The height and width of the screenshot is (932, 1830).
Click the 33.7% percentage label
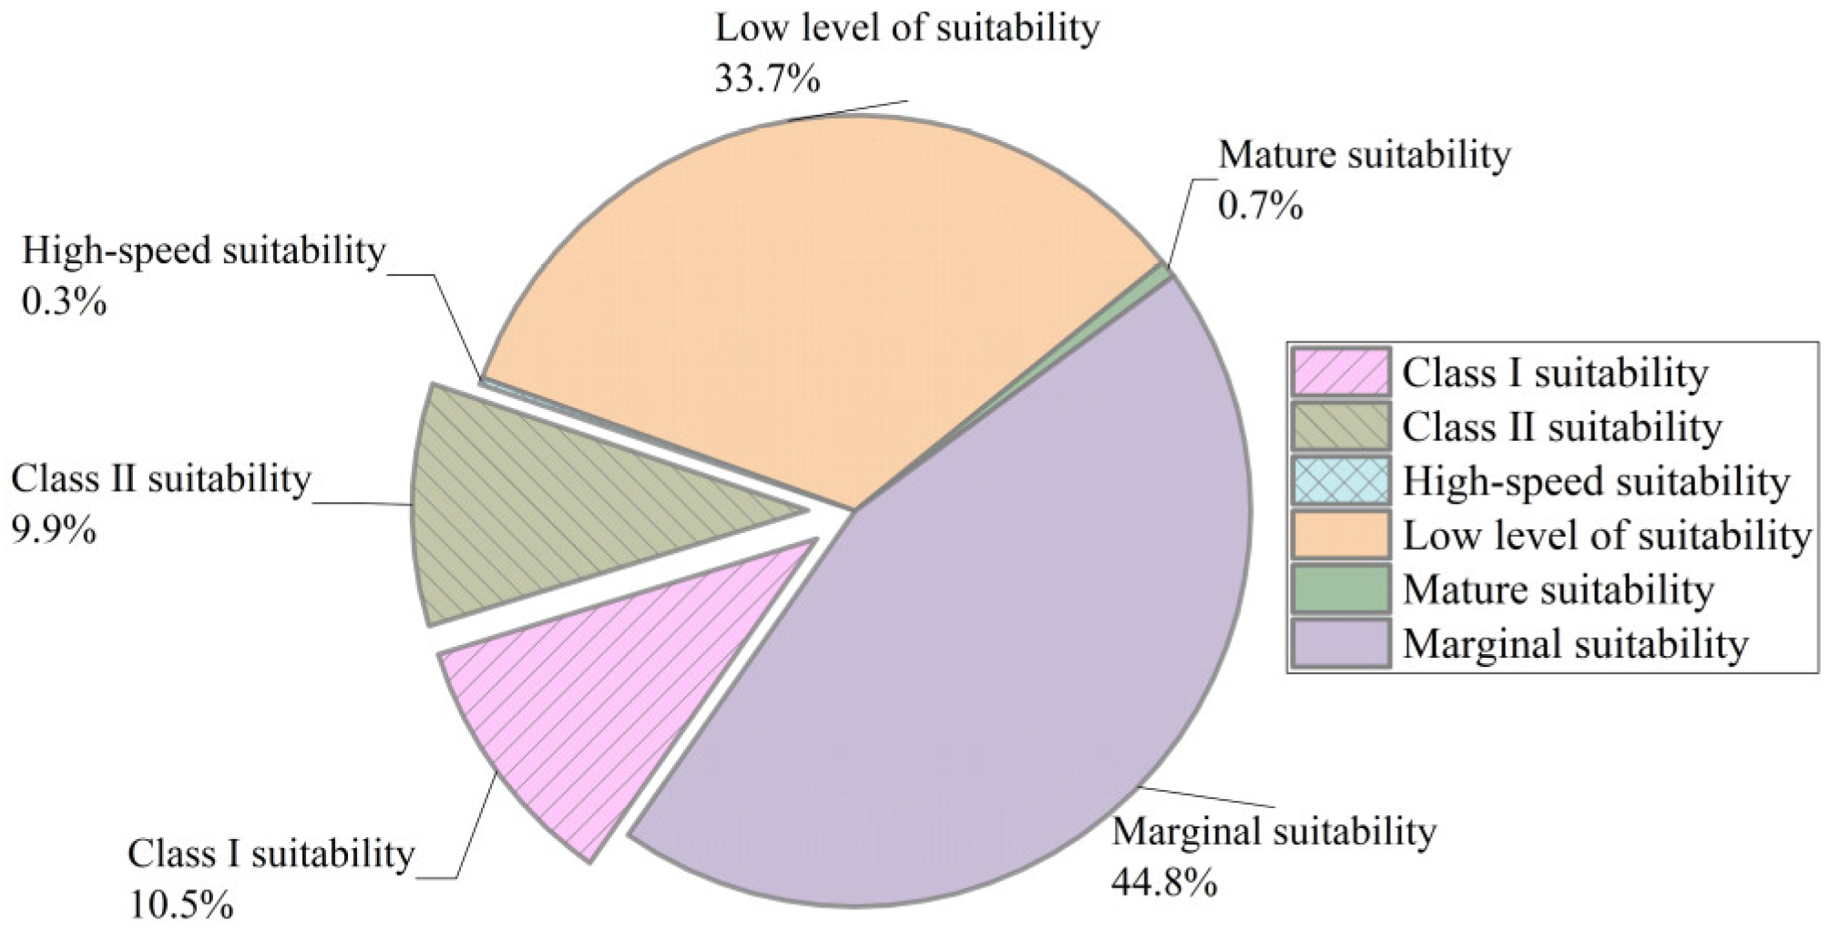(767, 79)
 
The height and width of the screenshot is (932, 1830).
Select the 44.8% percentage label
(1163, 883)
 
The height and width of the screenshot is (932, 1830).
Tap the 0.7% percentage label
(1260, 207)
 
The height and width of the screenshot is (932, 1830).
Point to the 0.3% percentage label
(64, 302)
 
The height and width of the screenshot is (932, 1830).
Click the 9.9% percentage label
(53, 529)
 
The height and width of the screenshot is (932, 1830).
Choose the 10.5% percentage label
(180, 906)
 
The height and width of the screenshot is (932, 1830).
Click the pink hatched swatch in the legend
(1341, 373)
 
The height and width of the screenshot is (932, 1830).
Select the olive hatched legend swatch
(1341, 426)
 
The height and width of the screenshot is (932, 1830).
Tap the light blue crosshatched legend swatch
(1341, 481)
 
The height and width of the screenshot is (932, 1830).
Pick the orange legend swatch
(1341, 535)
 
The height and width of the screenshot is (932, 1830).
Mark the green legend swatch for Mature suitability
(1341, 589)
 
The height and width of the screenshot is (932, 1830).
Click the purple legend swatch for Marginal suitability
(1341, 643)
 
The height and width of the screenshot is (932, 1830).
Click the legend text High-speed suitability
(1596, 481)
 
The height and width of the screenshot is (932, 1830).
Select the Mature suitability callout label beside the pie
(1364, 155)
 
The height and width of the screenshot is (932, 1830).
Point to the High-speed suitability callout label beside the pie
(203, 251)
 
